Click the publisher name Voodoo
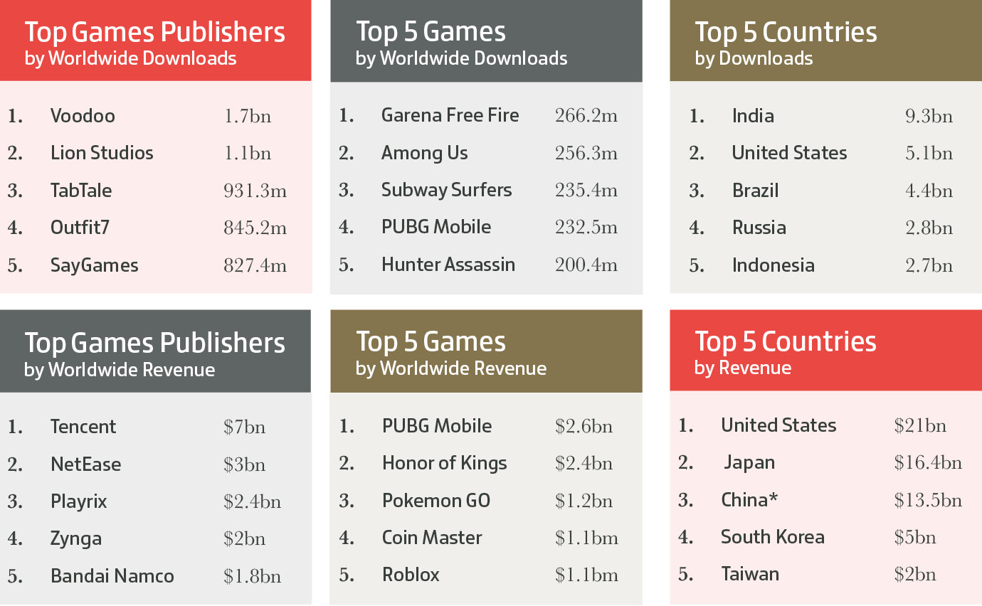click(x=83, y=116)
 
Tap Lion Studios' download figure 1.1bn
click(x=248, y=154)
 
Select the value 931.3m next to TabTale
click(x=255, y=191)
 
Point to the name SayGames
click(x=94, y=265)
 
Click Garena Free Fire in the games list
click(x=450, y=115)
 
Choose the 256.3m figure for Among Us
click(x=586, y=153)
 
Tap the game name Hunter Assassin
click(x=448, y=265)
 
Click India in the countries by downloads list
click(x=753, y=116)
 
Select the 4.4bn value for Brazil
click(x=929, y=191)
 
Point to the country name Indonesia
click(x=774, y=265)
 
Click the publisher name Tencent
click(x=83, y=427)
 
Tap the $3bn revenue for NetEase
click(x=245, y=464)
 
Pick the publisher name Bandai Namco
click(x=112, y=576)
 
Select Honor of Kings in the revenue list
click(x=445, y=463)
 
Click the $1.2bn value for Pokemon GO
click(x=584, y=501)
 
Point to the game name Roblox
click(x=411, y=575)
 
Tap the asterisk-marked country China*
click(x=749, y=500)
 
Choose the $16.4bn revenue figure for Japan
click(x=928, y=463)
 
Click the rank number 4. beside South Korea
click(x=686, y=537)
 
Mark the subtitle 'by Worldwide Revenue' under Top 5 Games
click(x=451, y=368)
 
